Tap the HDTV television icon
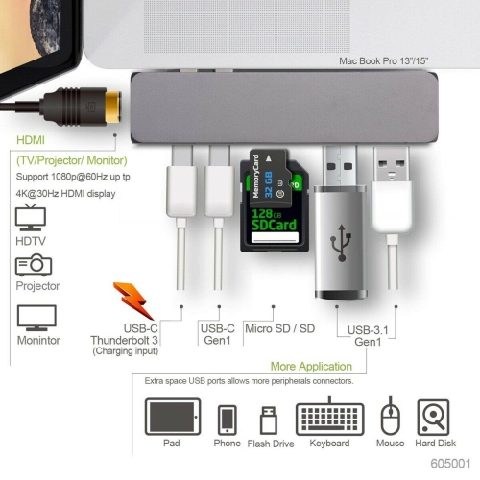coord(33,216)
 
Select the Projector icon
coord(34,266)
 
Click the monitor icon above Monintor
coord(36,318)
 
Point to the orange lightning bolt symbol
coord(132,300)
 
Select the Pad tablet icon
coord(173,418)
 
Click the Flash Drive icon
coord(270,420)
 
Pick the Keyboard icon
coord(329,418)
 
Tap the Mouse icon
coord(390,418)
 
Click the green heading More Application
coord(311,366)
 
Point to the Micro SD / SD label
coord(279,327)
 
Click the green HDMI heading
coord(30,138)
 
